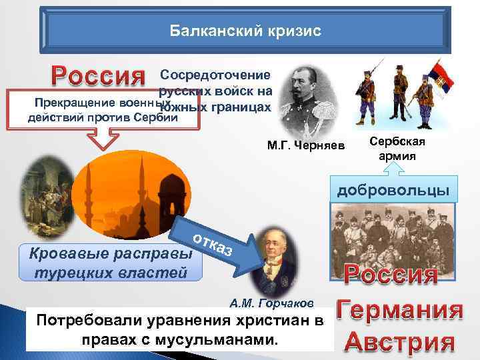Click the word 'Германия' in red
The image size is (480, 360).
tap(399, 311)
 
